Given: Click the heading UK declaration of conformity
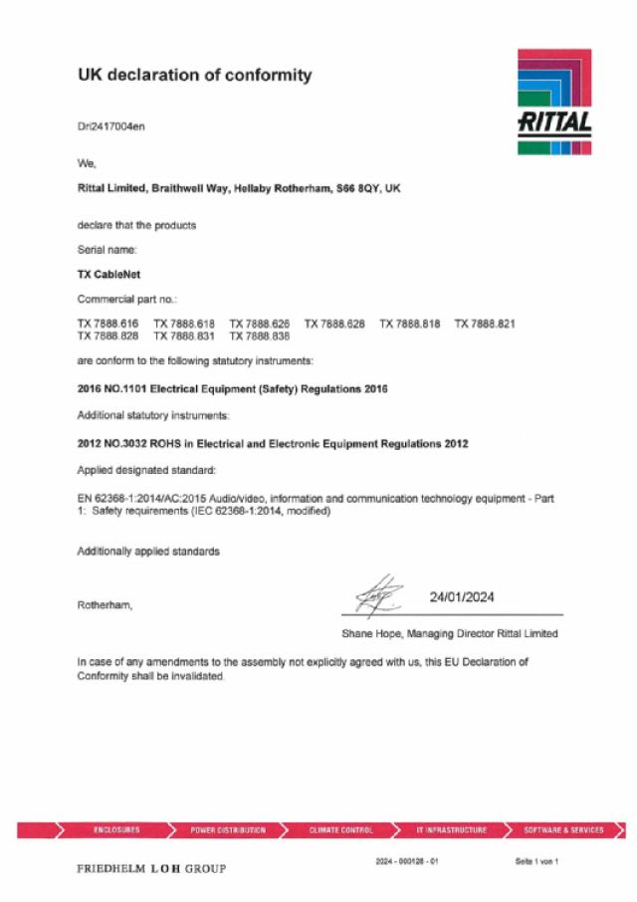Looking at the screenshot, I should click(x=194, y=75).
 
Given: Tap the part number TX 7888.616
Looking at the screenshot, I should click(x=107, y=324).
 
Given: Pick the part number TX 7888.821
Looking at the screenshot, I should click(x=485, y=324).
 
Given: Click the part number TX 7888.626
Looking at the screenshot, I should click(x=259, y=324).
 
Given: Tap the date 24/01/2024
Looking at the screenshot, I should click(x=462, y=597).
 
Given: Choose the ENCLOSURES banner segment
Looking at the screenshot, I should click(x=116, y=829).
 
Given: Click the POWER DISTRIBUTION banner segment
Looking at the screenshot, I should click(x=228, y=829).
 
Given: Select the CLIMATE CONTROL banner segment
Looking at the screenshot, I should click(x=340, y=829).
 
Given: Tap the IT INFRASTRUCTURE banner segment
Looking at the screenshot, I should click(x=452, y=829).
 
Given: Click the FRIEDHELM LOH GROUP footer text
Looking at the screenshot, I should click(x=151, y=868).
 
